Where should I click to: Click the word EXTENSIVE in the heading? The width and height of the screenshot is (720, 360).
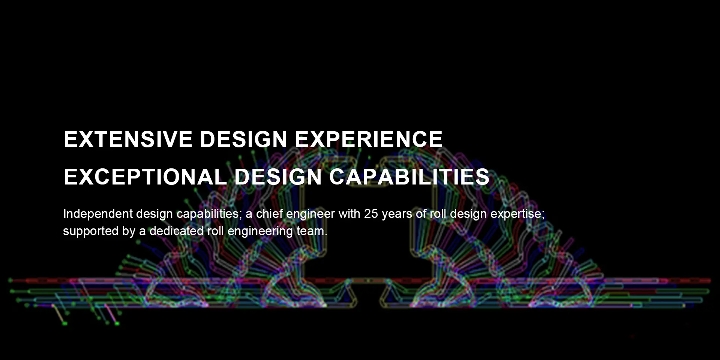tap(128, 139)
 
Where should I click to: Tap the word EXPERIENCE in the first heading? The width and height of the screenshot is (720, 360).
tap(369, 139)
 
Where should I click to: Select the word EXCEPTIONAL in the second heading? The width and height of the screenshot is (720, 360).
tap(145, 177)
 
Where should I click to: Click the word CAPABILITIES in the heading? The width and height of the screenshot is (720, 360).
tap(409, 177)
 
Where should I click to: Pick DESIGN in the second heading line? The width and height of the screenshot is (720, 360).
tap(278, 177)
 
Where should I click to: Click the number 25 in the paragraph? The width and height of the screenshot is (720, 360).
tap(371, 214)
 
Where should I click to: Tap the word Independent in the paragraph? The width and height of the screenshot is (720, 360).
tap(98, 214)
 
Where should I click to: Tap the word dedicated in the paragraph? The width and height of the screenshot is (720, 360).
tap(177, 231)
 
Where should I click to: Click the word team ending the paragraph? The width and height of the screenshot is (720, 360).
tap(310, 231)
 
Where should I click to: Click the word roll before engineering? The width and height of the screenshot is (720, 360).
tap(216, 231)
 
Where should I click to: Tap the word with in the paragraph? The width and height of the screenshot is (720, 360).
tap(349, 213)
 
